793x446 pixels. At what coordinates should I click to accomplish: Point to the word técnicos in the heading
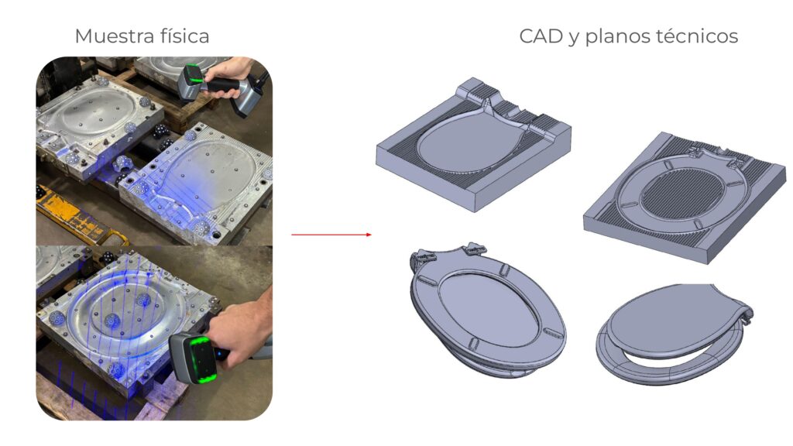tap(697, 36)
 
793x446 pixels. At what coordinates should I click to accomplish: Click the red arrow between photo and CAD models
tap(331, 235)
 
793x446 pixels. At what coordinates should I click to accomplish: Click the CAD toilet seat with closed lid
tap(675, 334)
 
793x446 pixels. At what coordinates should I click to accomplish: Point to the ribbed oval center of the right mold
tap(683, 196)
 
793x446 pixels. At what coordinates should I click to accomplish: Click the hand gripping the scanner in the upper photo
tap(230, 78)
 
